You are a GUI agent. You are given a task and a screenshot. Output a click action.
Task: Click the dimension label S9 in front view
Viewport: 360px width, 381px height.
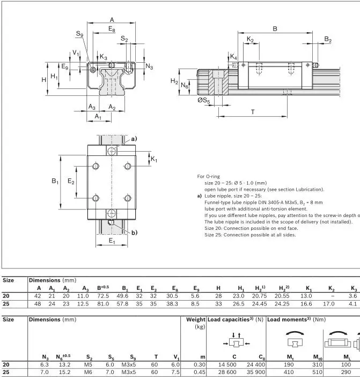[x=79, y=34]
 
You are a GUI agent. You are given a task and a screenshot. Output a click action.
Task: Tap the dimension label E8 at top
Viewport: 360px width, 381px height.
[x=111, y=29]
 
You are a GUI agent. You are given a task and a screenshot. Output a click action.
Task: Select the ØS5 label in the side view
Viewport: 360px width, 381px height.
[x=203, y=100]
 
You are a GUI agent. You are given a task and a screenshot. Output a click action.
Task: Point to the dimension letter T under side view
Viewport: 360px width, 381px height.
[x=253, y=111]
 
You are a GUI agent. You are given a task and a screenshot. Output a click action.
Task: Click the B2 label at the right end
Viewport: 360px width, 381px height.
[x=328, y=40]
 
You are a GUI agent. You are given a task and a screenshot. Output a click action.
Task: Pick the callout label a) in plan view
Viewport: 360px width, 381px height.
[x=134, y=139]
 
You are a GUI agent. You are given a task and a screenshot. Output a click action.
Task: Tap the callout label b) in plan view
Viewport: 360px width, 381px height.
[x=134, y=232]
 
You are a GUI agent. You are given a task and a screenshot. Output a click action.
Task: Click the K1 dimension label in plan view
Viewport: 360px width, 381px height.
[x=154, y=159]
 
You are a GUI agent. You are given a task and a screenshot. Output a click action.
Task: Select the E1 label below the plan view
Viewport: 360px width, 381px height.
[x=112, y=241]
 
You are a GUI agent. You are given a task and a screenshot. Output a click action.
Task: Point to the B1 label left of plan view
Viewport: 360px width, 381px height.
[x=55, y=182]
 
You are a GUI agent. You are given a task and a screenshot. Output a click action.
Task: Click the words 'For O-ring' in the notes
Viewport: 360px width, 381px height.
[x=208, y=176]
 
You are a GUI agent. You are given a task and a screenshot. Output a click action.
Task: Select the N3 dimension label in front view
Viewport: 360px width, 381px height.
[x=149, y=66]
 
